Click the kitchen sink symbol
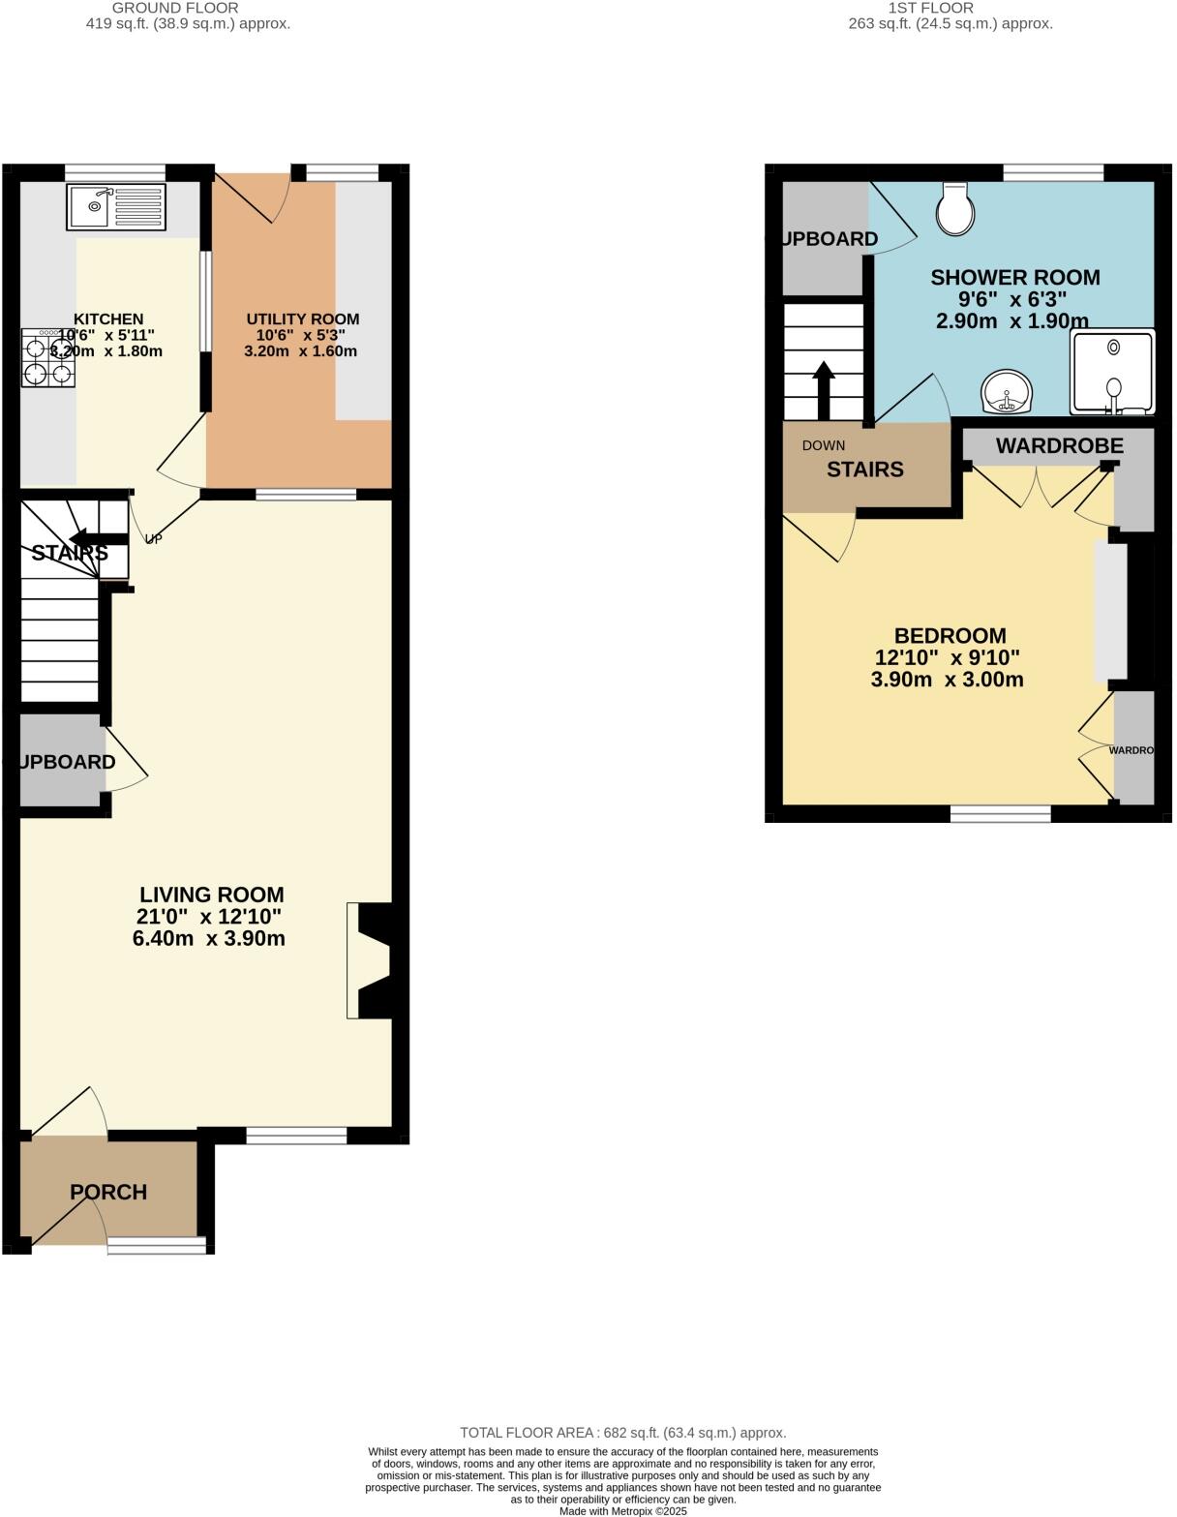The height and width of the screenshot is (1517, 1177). tap(116, 207)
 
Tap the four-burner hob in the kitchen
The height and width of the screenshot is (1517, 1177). tap(48, 358)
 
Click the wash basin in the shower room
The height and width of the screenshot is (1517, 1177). tap(1007, 393)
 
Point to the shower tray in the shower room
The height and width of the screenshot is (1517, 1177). tap(1112, 372)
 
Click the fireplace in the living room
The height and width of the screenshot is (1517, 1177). tap(372, 960)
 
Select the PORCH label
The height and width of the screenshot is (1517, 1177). tap(108, 1192)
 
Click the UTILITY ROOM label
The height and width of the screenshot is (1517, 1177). tap(302, 319)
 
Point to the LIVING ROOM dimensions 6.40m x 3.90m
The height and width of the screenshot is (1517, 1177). tap(209, 938)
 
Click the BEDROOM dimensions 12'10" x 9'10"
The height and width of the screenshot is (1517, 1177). tap(947, 657)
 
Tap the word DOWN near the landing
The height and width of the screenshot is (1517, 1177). tap(824, 445)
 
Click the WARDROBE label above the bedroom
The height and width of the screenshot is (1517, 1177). tap(1059, 445)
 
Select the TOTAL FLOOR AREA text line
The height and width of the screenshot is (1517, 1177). tap(622, 1432)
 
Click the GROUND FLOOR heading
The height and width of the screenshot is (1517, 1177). tap(175, 8)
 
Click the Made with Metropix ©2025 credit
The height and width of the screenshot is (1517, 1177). tap(622, 1510)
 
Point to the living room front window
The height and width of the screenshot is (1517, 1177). tap(296, 1136)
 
